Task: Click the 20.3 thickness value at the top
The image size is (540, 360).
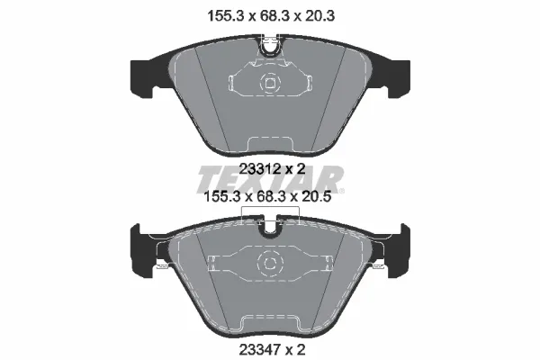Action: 319,15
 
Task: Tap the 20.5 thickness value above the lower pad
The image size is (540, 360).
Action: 315,197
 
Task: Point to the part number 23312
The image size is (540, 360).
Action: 260,169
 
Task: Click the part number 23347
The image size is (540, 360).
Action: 260,350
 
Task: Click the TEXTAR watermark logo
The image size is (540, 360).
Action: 270,179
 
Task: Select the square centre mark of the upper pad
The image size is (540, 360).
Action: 270,83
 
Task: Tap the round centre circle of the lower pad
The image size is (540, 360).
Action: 270,264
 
